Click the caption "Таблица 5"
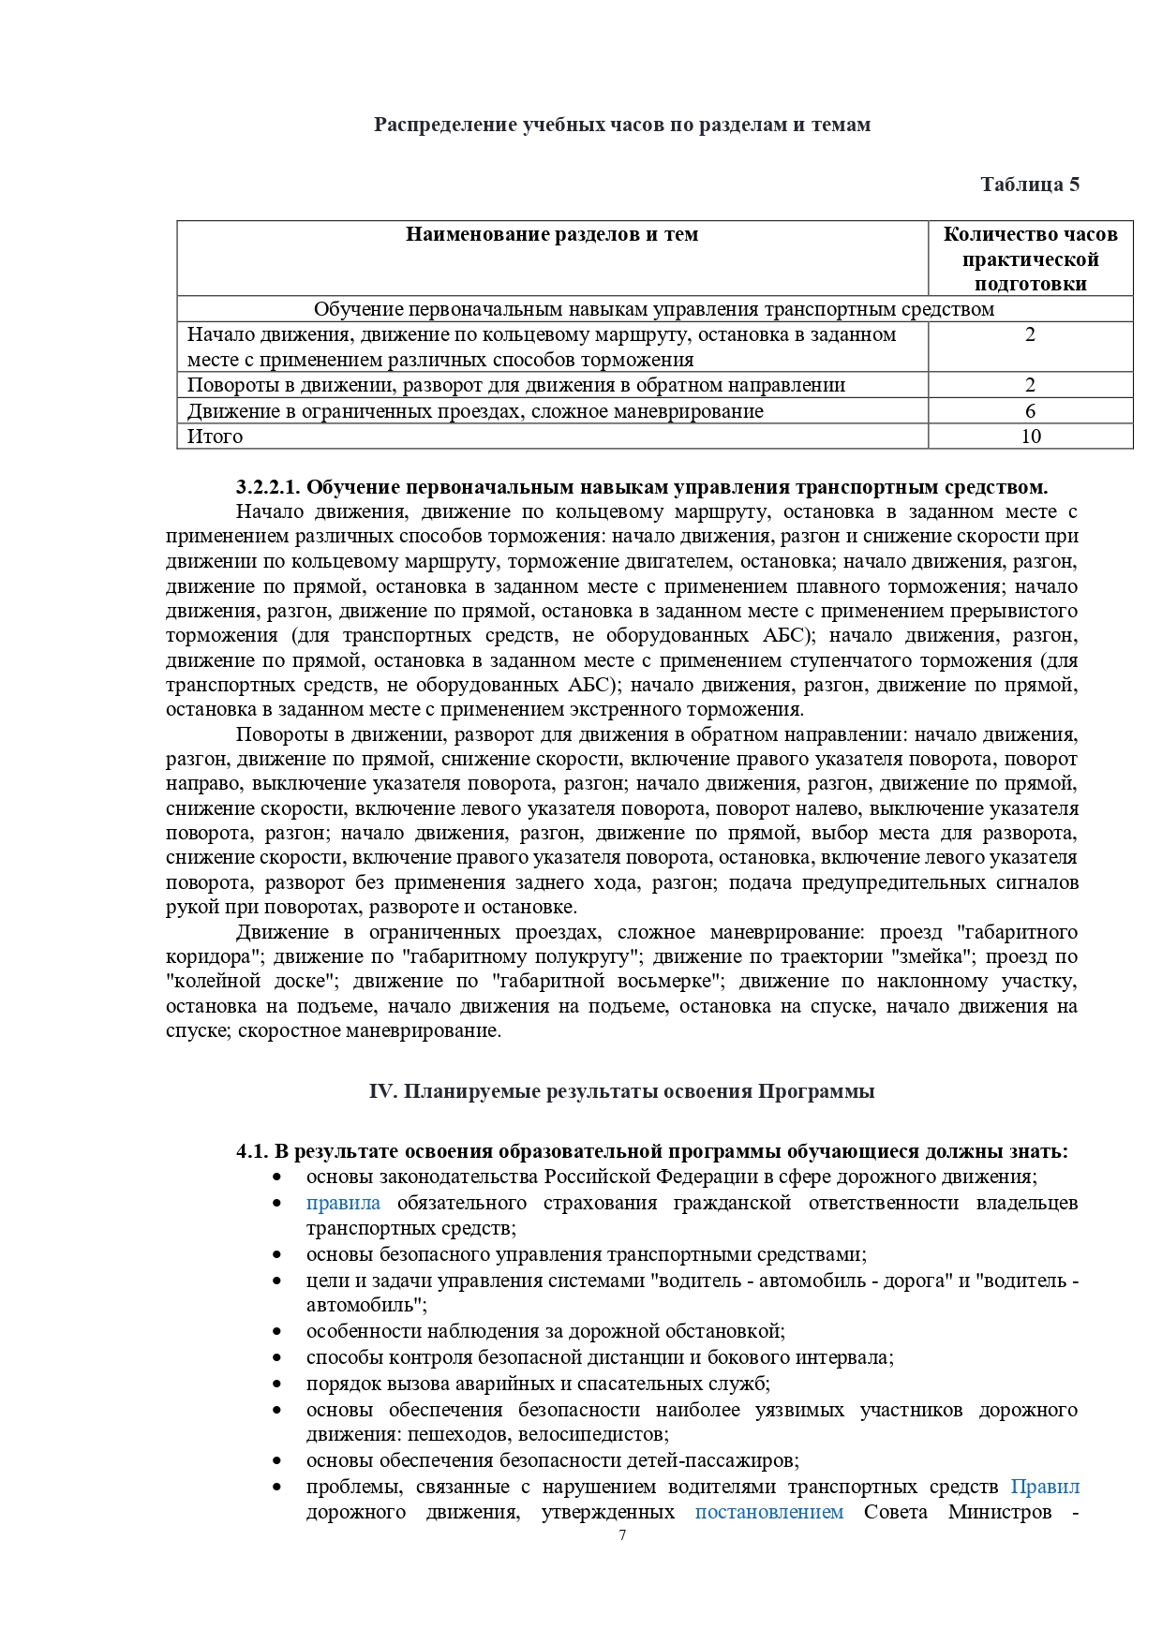(x=1029, y=185)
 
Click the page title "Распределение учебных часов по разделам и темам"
(x=622, y=125)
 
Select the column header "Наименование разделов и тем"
(x=552, y=234)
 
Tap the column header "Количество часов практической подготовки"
(x=1030, y=259)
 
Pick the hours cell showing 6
(x=1030, y=411)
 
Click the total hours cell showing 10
(x=1030, y=437)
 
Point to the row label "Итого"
(x=215, y=437)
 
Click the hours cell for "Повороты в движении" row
(x=1030, y=385)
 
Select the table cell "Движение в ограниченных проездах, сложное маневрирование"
(x=475, y=411)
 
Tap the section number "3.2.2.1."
(x=268, y=487)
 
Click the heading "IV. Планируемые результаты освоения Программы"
(x=622, y=1091)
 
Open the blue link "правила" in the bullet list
(x=343, y=1203)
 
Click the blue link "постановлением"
(x=768, y=1512)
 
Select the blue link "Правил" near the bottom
(x=1045, y=1487)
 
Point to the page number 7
(x=622, y=1535)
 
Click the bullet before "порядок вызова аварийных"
(x=276, y=1384)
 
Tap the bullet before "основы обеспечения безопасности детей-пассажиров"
(x=276, y=1460)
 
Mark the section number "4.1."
(x=252, y=1151)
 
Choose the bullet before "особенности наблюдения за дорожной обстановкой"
(x=276, y=1331)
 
